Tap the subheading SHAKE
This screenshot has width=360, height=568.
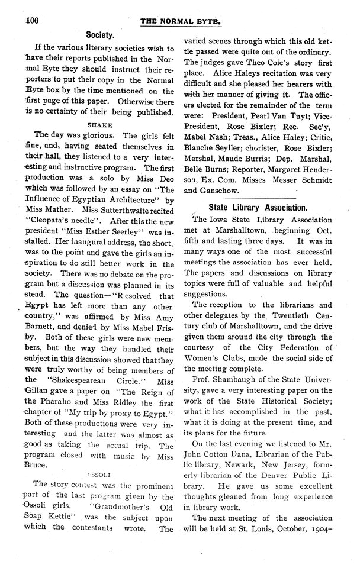point(97,125)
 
